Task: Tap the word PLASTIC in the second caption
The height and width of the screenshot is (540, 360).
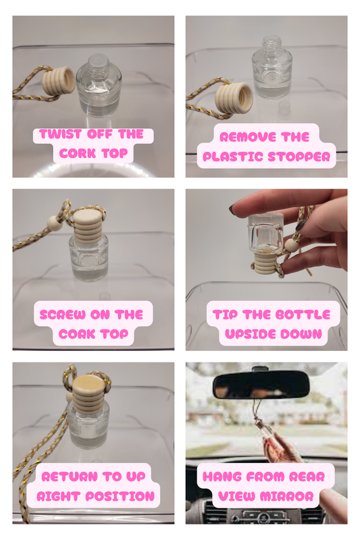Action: click(x=233, y=157)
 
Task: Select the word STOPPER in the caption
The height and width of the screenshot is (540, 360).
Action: click(x=299, y=157)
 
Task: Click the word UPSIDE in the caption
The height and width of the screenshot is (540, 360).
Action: click(x=250, y=334)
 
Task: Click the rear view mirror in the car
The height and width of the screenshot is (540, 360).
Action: click(x=261, y=385)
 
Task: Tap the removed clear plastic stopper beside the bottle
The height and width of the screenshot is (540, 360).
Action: click(x=284, y=109)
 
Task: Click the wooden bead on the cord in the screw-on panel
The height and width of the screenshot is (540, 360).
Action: click(x=53, y=223)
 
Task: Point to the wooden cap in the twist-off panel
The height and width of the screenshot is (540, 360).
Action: click(x=59, y=81)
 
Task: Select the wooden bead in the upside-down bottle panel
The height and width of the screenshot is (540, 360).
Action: click(x=290, y=245)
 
